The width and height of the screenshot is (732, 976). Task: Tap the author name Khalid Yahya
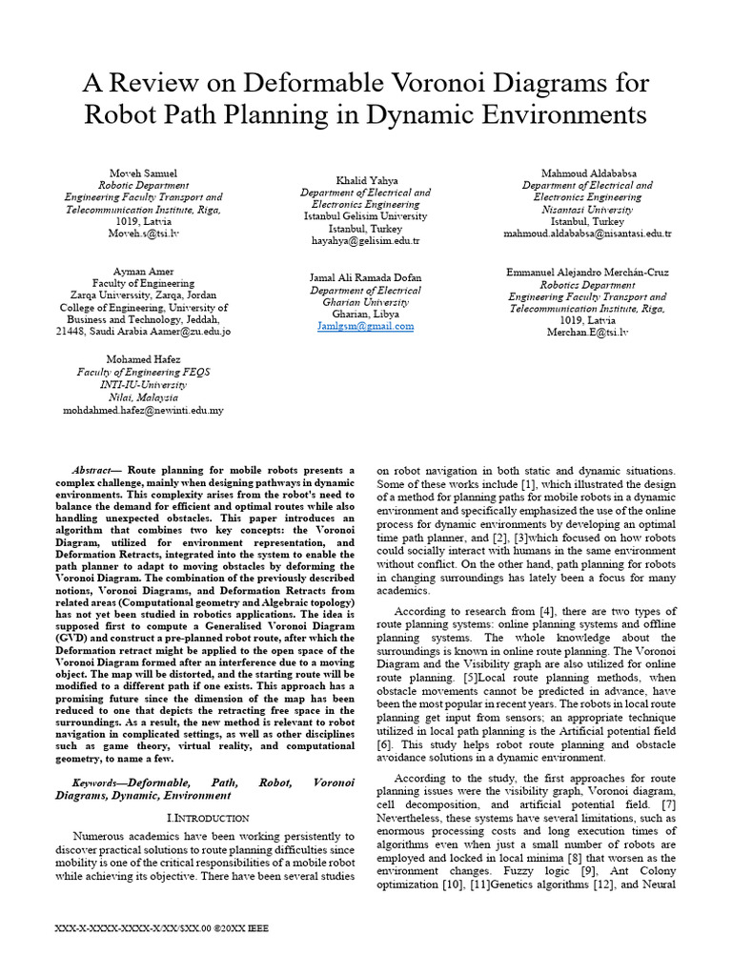pos(366,179)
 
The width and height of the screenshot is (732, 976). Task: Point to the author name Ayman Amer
pos(143,272)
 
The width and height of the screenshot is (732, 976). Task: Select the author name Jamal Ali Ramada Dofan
pos(366,277)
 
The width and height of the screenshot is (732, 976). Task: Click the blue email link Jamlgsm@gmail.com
pos(366,326)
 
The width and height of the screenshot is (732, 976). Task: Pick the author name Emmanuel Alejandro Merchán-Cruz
pos(587,272)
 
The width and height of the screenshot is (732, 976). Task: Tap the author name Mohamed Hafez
pos(143,359)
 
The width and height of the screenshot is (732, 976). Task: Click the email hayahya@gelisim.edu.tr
pos(366,241)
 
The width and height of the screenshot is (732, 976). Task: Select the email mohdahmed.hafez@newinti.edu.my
pos(143,410)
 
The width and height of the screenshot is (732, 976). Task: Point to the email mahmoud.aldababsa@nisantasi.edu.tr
pos(587,234)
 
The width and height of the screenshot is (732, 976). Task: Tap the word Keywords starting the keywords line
pos(102,782)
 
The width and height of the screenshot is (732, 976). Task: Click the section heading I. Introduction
pos(208,818)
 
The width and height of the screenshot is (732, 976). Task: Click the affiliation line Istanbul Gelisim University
pos(366,216)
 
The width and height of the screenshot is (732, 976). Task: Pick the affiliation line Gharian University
pos(366,302)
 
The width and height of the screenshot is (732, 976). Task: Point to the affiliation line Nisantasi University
pos(587,209)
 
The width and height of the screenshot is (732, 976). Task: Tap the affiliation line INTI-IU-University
pos(143,384)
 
